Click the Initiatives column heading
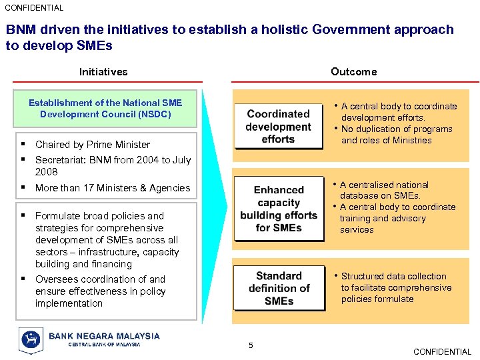(103, 72)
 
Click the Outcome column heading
(353, 72)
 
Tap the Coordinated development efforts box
(278, 127)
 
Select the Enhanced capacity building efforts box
(279, 209)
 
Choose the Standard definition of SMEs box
(279, 288)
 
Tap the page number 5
(251, 345)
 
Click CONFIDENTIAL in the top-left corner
(34, 8)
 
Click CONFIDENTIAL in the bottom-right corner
(442, 351)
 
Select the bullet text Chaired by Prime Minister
(93, 145)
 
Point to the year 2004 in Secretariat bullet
(139, 160)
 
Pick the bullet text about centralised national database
(384, 190)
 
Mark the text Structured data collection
(393, 276)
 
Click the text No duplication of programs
(397, 129)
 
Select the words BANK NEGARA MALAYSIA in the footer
(104, 336)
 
